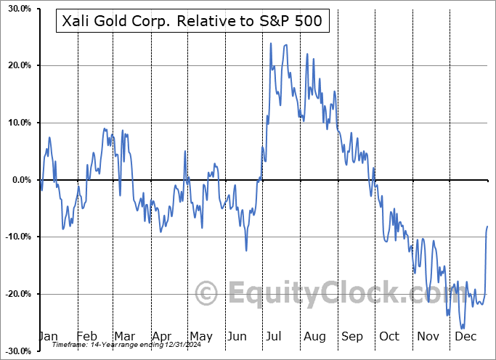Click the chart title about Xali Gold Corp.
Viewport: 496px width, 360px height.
[x=193, y=22]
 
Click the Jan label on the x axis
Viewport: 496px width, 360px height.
[x=47, y=336]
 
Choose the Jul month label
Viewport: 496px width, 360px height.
[x=275, y=336]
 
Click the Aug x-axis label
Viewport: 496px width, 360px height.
[x=314, y=336]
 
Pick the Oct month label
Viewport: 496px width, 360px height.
[x=390, y=336]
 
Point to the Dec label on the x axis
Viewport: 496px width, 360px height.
[x=465, y=336]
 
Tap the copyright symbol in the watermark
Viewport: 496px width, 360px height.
[x=207, y=294]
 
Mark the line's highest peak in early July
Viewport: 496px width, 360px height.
[x=271, y=44]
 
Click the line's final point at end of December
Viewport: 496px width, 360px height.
[x=487, y=227]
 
